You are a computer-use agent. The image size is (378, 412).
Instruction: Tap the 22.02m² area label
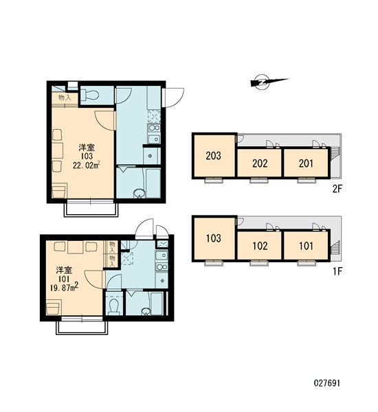pyautogui.click(x=87, y=165)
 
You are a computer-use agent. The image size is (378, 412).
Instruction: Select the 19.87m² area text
pyautogui.click(x=64, y=287)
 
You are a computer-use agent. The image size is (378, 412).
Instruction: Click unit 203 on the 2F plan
pyautogui.click(x=214, y=156)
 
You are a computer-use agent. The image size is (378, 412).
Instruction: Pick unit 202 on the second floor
pyautogui.click(x=260, y=163)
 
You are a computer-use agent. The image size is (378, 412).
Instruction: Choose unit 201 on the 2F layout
pyautogui.click(x=306, y=163)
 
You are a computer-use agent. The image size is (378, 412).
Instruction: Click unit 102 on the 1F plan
pyautogui.click(x=260, y=246)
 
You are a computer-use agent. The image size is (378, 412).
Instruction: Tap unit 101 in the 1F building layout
pyautogui.click(x=306, y=246)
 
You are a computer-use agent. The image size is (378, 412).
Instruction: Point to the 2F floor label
pyautogui.click(x=337, y=189)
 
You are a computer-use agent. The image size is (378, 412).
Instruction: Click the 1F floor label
pyautogui.click(x=337, y=271)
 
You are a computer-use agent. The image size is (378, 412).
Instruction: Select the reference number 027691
pyautogui.click(x=327, y=383)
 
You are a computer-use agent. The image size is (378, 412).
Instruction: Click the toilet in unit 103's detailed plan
pyautogui.click(x=89, y=95)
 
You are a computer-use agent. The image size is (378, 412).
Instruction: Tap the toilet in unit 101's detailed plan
pyautogui.click(x=114, y=306)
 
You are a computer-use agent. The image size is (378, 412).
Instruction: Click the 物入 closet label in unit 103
pyautogui.click(x=65, y=98)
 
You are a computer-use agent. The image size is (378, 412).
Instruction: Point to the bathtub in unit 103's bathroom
pyautogui.click(x=153, y=183)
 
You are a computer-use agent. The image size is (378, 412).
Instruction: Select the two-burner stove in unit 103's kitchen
pyautogui.click(x=154, y=128)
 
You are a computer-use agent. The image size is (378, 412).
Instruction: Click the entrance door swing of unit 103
pyautogui.click(x=173, y=98)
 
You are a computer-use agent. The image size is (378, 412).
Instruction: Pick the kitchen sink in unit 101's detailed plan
pyautogui.click(x=162, y=255)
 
